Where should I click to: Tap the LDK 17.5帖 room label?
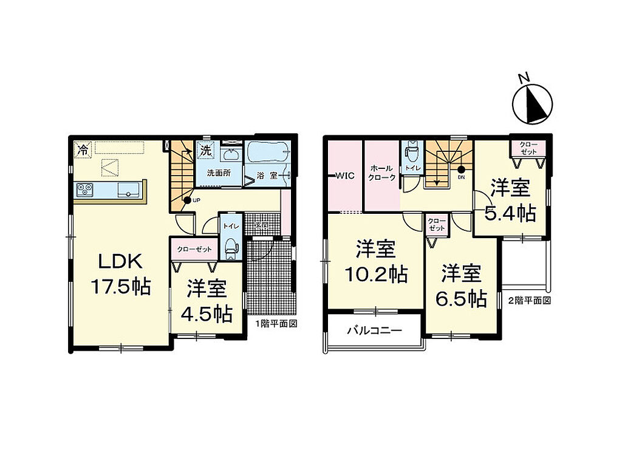[121, 274]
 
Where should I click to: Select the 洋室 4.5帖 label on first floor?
[207, 301]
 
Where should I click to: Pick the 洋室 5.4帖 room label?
[510, 200]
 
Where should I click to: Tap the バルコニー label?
[375, 330]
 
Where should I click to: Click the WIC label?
[345, 176]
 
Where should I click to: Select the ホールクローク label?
[381, 173]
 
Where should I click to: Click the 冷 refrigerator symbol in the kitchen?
[83, 149]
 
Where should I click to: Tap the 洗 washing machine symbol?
[205, 150]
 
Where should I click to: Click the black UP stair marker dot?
[187, 200]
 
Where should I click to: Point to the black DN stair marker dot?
[461, 169]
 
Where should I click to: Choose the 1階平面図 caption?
[276, 323]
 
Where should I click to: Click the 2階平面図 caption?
[530, 300]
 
